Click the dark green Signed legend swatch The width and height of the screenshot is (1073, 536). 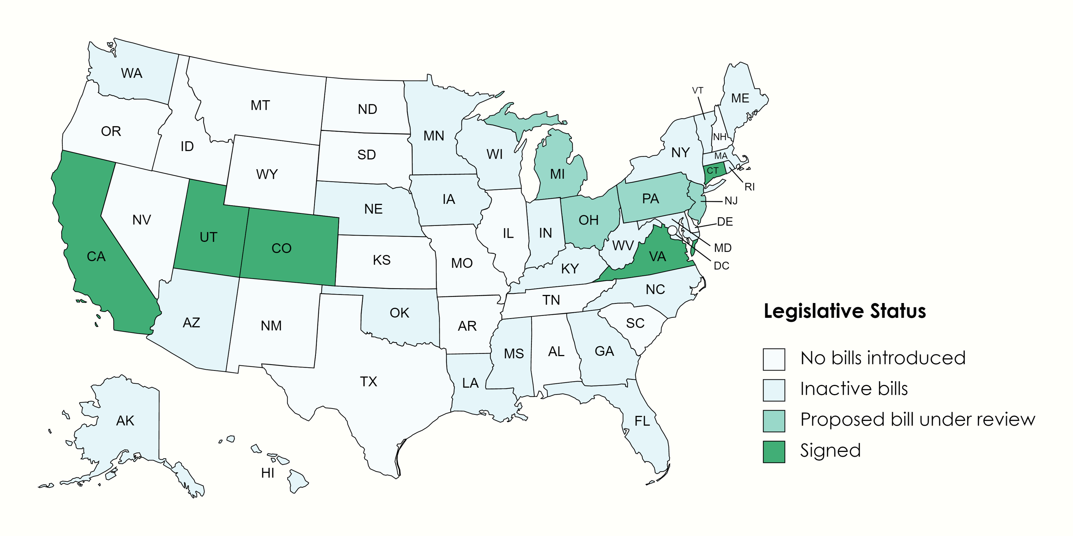pos(773,452)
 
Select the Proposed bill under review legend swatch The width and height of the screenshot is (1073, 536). pos(773,421)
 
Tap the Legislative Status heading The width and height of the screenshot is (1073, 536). pos(844,311)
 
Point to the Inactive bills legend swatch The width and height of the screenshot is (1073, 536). pos(773,390)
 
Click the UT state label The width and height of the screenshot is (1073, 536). pos(208,237)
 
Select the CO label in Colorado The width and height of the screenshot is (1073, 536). pos(281,248)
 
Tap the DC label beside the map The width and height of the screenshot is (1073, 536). pos(721,266)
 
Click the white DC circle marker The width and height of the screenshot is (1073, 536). pos(672,230)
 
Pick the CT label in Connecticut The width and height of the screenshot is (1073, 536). pos(712,170)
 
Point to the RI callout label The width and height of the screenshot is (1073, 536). pos(749,187)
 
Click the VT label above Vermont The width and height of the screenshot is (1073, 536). pos(697,90)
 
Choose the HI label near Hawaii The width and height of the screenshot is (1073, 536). pos(267,473)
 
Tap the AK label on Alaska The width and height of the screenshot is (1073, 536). pos(125,421)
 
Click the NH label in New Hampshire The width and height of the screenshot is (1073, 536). pos(720,137)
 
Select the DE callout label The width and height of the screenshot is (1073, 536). pos(725,222)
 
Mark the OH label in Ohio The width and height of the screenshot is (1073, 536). pos(588,220)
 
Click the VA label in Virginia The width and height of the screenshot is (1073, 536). pos(657,257)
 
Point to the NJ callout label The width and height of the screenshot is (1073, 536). pos(731,201)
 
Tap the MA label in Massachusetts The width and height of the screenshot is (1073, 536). pos(721,156)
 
